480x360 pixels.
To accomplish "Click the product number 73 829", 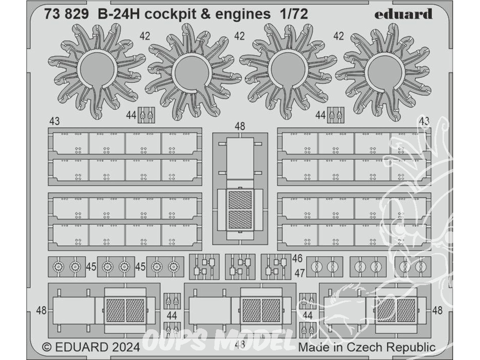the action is point(66,14).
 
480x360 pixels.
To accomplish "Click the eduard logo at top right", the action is point(403,14).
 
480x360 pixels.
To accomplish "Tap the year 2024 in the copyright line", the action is point(126,347).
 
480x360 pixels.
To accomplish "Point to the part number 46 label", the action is point(297,259).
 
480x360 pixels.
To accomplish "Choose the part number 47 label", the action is point(300,272).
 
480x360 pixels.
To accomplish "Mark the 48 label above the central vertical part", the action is point(240,126).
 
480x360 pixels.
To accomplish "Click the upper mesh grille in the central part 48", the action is point(240,200).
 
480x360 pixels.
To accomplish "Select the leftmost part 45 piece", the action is point(67,267).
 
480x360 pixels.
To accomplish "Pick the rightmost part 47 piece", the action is point(413,267).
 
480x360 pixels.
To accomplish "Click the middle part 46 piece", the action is point(240,266).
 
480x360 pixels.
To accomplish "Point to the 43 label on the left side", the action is point(54,121).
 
